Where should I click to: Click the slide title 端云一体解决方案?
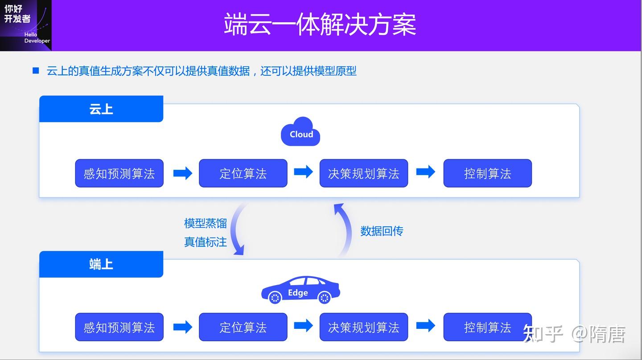pyautogui.click(x=320, y=25)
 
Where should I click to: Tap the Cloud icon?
pyautogui.click(x=301, y=132)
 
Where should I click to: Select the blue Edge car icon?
pyautogui.click(x=300, y=290)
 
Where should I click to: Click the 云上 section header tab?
pyautogui.click(x=101, y=109)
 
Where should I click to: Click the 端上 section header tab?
pyautogui.click(x=101, y=264)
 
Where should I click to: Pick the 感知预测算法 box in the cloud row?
pyautogui.click(x=119, y=173)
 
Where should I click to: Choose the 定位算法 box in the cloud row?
pyautogui.click(x=243, y=173)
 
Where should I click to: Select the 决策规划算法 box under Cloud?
pyautogui.click(x=363, y=173)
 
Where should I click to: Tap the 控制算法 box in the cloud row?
pyautogui.click(x=487, y=173)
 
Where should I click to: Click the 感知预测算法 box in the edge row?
pyautogui.click(x=119, y=327)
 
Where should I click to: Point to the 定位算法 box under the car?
pyautogui.click(x=243, y=327)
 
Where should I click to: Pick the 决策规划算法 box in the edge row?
pyautogui.click(x=363, y=327)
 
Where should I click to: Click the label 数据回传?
pyautogui.click(x=382, y=231)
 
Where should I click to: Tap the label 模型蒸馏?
pyautogui.click(x=206, y=223)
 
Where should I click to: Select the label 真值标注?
pyautogui.click(x=206, y=242)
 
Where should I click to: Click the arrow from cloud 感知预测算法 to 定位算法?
pyautogui.click(x=182, y=173)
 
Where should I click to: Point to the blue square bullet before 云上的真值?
pyautogui.click(x=36, y=71)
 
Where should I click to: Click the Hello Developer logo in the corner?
pyautogui.click(x=26, y=25)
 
